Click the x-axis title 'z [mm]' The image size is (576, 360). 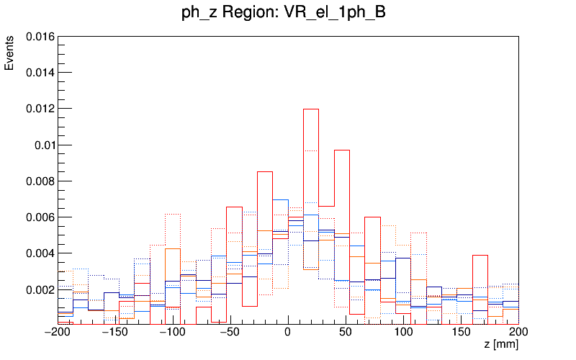pos(501,345)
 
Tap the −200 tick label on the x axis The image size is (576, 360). pos(58,332)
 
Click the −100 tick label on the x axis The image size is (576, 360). pos(173,332)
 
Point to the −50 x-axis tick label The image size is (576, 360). pos(230,332)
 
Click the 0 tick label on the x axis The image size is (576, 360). pos(288,332)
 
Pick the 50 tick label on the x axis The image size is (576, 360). pos(346,332)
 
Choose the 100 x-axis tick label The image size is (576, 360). pos(403,332)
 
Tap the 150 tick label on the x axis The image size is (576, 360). pos(461,332)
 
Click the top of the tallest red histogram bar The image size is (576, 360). pos(311,109)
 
